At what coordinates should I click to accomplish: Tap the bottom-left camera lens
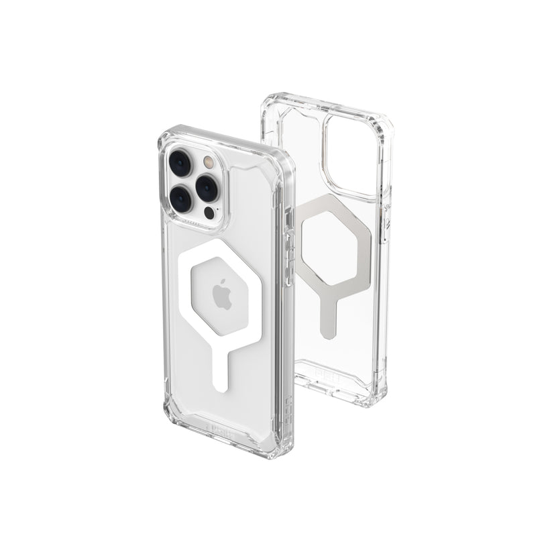point(181,198)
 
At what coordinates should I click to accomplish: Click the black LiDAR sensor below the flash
point(210,213)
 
